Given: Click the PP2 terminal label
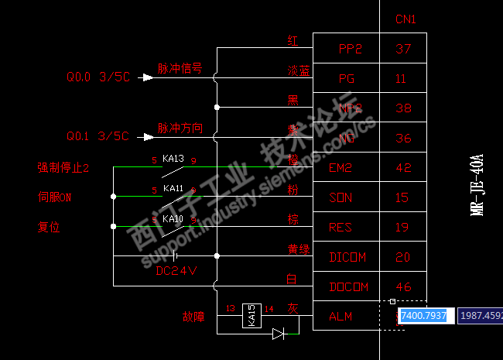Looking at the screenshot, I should coord(351,49).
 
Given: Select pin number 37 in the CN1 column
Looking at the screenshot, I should coord(403,49).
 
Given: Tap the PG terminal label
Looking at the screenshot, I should coord(347,78).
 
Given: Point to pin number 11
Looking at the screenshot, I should coord(401,78).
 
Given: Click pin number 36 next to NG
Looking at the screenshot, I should coord(403,139).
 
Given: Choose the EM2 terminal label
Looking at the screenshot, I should coord(340,168).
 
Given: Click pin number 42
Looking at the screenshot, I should coord(403,168).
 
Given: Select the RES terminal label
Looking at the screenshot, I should coord(340,228).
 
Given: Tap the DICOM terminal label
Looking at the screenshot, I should coord(347,257).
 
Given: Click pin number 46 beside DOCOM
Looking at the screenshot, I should coord(403,286).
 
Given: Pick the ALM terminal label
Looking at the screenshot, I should coord(340,316).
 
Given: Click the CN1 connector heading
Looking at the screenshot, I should coord(406,19).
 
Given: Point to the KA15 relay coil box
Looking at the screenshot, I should coord(251,315).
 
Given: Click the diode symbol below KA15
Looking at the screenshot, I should coord(279,334).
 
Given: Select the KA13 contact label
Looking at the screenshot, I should coord(173,159).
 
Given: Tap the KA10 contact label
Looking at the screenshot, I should coord(173,219).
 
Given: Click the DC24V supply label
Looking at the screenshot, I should coord(176,272).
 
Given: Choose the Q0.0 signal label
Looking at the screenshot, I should coord(78,77).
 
